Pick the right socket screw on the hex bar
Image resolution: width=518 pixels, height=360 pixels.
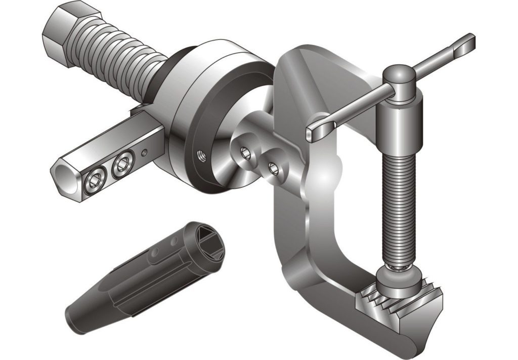(122, 165)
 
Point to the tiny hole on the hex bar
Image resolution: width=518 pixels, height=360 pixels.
(146, 151)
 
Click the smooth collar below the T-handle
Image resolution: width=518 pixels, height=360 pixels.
(399, 122)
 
